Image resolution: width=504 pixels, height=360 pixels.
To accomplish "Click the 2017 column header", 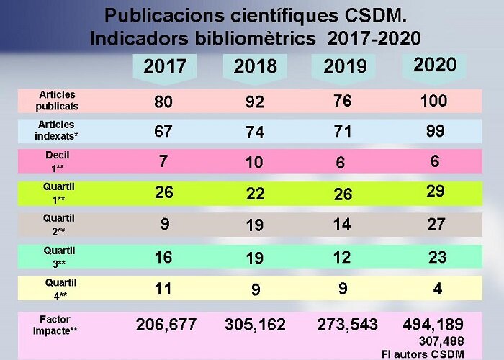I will (x=165, y=67).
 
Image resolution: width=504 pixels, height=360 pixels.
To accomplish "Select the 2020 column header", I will (x=435, y=65).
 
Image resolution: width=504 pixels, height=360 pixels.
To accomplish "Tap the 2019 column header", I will (x=345, y=68).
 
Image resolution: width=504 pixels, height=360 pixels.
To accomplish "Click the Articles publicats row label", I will (x=57, y=100).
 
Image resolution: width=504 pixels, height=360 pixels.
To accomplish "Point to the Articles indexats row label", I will (x=57, y=130).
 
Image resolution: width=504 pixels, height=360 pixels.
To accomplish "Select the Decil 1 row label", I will (x=57, y=161).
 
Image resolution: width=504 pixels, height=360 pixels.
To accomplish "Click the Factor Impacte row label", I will (x=57, y=325).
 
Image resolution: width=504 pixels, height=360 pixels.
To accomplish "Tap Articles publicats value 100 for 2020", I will (x=433, y=101).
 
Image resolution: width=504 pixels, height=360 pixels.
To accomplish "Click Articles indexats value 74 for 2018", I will (x=254, y=132).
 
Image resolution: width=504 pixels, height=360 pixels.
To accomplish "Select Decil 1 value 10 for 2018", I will (x=254, y=163).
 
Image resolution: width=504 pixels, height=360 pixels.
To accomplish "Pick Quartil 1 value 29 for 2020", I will (x=436, y=192).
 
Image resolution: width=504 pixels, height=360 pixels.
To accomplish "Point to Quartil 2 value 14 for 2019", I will (x=342, y=225).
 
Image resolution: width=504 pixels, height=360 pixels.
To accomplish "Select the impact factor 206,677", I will (x=166, y=325).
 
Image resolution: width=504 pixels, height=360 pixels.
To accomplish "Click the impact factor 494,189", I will (x=433, y=325).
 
